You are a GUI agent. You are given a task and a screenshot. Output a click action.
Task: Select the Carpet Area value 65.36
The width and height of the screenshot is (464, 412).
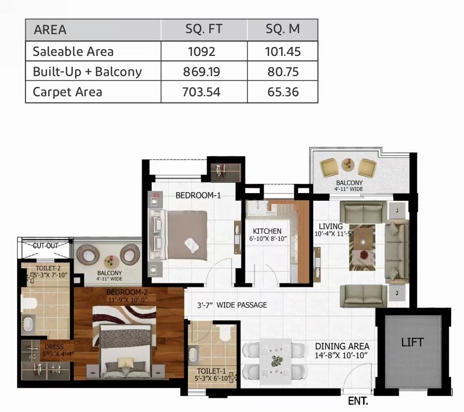(283, 92)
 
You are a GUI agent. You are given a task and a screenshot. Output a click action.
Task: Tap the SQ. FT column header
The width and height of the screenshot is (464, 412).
(204, 29)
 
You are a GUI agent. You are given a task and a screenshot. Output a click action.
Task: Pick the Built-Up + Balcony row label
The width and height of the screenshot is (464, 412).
(87, 71)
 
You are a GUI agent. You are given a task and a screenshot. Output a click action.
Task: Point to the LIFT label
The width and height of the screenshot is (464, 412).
(412, 342)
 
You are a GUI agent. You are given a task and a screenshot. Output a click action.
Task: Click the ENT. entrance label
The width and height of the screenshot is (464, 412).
(358, 401)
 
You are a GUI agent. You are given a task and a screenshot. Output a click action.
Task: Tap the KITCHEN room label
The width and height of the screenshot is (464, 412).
(267, 231)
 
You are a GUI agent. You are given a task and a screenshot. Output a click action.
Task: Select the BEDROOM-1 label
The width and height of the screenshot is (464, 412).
(198, 195)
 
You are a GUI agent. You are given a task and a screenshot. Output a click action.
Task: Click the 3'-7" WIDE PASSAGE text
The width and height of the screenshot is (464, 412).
(233, 305)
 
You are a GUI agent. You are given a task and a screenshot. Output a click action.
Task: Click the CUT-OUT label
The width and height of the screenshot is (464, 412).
(45, 246)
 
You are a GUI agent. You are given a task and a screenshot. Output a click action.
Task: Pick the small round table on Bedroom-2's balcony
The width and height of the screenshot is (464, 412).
(110, 261)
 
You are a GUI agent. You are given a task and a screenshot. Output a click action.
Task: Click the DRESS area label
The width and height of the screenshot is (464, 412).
(53, 347)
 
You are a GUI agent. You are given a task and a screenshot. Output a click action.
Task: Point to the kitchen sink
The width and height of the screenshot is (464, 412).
(256, 208)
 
